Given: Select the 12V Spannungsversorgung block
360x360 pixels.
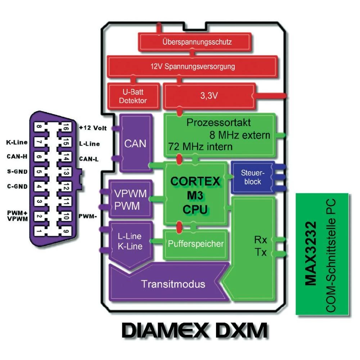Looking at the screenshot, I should [x=192, y=66].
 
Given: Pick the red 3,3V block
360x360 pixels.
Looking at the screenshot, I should [x=209, y=96].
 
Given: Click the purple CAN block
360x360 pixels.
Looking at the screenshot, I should [x=135, y=143].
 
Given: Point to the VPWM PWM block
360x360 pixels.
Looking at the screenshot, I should [x=130, y=199].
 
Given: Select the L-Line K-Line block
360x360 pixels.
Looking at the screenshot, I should [x=130, y=242].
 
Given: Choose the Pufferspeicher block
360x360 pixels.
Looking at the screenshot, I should [x=195, y=244].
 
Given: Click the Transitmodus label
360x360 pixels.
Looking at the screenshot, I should [x=173, y=284].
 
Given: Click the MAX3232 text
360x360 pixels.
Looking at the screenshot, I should [x=310, y=253].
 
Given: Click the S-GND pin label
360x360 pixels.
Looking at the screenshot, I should [x=17, y=171].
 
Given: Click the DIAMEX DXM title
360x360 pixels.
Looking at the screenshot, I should [x=194, y=330].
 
